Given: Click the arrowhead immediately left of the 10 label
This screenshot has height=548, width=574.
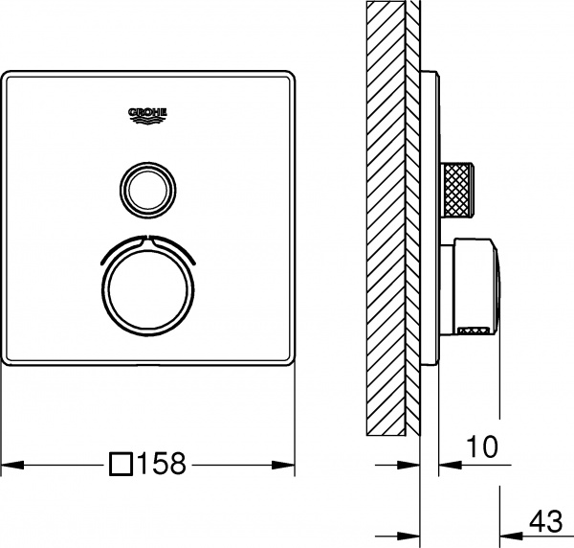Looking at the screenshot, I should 446,466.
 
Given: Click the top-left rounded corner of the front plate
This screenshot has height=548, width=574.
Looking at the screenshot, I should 8,74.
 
